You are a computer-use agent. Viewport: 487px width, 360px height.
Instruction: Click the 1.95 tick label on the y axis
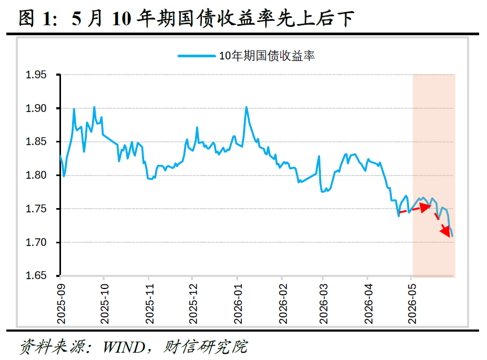click(36, 75)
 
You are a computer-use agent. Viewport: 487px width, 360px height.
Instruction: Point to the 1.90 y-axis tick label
click(36, 108)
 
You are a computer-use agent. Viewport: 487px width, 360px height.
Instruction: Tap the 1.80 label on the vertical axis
click(36, 176)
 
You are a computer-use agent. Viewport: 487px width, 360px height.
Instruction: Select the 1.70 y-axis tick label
click(36, 242)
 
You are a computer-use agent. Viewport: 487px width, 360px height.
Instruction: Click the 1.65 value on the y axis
click(36, 275)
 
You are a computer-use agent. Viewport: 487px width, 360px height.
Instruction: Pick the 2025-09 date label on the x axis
click(61, 304)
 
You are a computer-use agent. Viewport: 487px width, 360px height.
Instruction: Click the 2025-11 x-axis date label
click(149, 304)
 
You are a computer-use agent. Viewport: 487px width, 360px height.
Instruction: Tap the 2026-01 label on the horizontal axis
click(238, 304)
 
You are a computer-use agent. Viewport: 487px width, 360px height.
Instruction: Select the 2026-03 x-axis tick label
click(323, 304)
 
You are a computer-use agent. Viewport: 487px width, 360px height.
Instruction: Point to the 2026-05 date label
click(412, 304)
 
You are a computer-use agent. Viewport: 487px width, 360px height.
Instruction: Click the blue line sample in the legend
click(197, 56)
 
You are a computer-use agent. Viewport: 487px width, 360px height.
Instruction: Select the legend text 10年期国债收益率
click(267, 56)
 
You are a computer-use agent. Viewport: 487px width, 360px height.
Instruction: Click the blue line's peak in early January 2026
click(246, 107)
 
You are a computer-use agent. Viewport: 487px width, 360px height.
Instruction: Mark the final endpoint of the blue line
click(452, 236)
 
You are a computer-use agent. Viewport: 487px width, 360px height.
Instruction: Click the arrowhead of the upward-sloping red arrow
click(425, 207)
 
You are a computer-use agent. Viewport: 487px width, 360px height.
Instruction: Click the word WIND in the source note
click(124, 347)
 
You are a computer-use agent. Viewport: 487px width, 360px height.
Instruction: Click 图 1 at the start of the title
click(35, 18)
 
